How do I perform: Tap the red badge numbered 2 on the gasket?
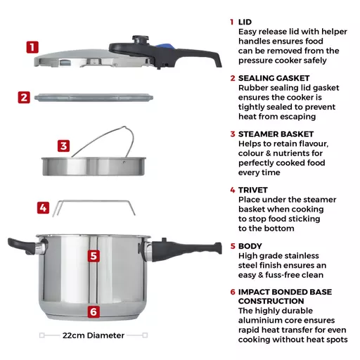coord(24,98)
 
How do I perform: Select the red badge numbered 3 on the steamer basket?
coord(64,146)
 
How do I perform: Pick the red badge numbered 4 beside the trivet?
coord(44,208)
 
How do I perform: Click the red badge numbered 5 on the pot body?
coord(94,256)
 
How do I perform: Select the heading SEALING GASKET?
coord(276,79)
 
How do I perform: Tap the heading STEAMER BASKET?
coord(276,134)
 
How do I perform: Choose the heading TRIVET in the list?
coord(254,190)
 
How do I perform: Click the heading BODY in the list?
coord(250,246)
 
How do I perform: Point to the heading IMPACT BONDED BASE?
coord(285,291)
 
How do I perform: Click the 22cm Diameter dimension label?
coord(94,335)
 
